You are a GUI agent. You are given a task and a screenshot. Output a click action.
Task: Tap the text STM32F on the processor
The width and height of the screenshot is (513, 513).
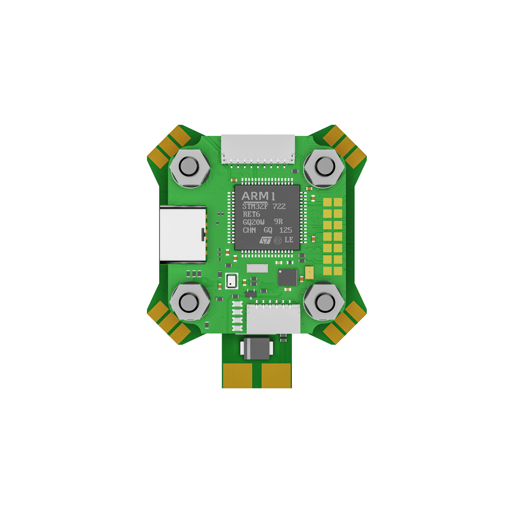pyautogui.click(x=255, y=206)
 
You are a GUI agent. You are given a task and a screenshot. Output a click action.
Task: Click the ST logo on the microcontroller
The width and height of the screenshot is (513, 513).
pyautogui.click(x=265, y=240)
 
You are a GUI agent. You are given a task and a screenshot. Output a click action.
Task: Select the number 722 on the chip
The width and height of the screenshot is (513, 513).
pyautogui.click(x=279, y=206)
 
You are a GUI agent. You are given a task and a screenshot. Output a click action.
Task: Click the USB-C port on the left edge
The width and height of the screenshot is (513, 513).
pyautogui.click(x=183, y=234)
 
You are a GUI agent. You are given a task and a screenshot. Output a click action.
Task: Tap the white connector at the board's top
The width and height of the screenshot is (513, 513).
pyautogui.click(x=258, y=148)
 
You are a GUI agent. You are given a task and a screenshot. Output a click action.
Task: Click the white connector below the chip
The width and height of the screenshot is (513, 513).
pyautogui.click(x=273, y=319)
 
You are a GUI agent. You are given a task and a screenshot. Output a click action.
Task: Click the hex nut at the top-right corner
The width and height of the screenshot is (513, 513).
pyautogui.click(x=324, y=167)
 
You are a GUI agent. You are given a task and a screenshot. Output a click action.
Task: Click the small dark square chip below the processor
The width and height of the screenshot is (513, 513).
pyautogui.click(x=288, y=278)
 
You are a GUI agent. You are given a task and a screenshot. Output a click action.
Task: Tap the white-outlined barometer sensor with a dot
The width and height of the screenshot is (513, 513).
pyautogui.click(x=231, y=281)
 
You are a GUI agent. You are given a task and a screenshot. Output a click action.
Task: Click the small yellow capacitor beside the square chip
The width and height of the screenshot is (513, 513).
pyautogui.click(x=309, y=273)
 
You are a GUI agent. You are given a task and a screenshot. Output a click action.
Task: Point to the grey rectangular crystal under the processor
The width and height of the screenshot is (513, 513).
pyautogui.click(x=258, y=268)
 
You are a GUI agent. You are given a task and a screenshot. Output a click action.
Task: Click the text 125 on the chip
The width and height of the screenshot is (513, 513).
pyautogui.click(x=286, y=230)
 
